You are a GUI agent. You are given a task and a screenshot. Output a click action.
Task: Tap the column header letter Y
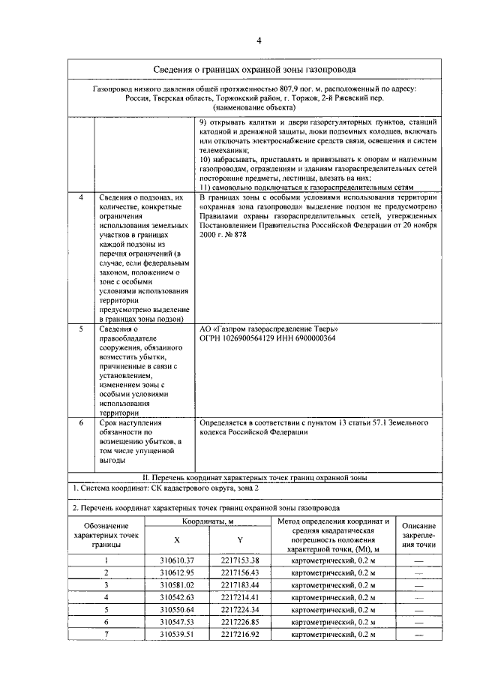point(240,540)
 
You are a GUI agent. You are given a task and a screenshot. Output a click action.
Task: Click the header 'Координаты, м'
point(208,521)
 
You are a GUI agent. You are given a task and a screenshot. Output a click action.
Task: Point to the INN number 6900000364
point(316,338)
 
